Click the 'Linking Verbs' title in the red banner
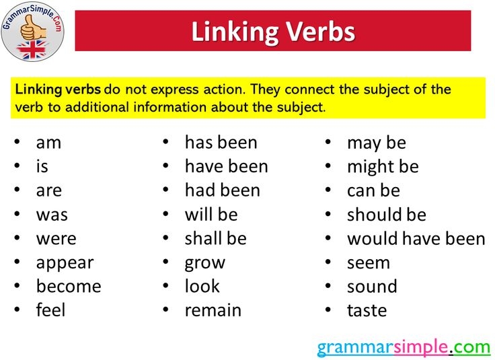(x=273, y=32)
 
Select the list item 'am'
(x=48, y=143)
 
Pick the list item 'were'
(x=56, y=239)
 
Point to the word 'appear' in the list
(x=65, y=263)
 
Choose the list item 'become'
(x=69, y=287)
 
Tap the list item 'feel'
(x=51, y=311)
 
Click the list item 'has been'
(x=221, y=143)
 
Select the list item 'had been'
(x=222, y=190)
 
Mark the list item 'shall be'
(x=215, y=239)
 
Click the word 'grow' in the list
(x=204, y=263)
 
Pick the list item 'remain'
(x=213, y=311)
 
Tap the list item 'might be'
(x=382, y=167)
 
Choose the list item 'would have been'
(x=416, y=239)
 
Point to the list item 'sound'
(x=372, y=287)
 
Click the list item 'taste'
(x=367, y=311)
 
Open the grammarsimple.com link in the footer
(x=404, y=347)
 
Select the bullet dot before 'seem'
(x=329, y=262)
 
